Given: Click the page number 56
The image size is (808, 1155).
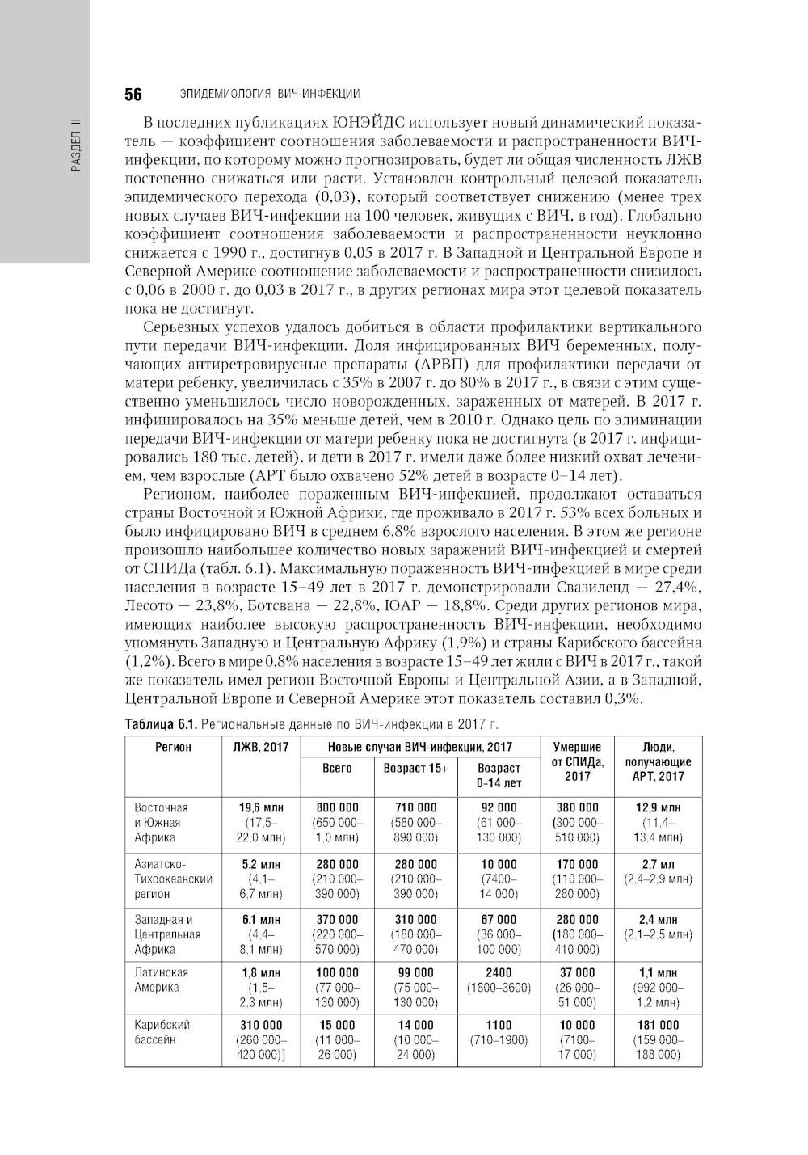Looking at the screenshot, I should [x=133, y=95].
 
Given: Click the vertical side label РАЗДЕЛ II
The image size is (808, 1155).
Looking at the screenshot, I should [x=76, y=146].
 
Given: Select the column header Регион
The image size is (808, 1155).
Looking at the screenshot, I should [x=173, y=747].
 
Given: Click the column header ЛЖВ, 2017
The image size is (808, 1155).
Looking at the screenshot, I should [x=260, y=747].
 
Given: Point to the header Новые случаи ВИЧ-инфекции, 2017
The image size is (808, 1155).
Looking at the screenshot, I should [x=420, y=747].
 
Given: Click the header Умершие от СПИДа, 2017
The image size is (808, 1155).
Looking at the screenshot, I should [x=577, y=761].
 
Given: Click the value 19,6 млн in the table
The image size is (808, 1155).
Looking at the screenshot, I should [x=260, y=807].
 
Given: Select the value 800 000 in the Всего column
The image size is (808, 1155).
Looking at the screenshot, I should [x=337, y=807].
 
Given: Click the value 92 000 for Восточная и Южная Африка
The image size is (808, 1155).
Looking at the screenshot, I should [x=499, y=807].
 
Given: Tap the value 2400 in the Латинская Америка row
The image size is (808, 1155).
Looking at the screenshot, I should [x=499, y=972].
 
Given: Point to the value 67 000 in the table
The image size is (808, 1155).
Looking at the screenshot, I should [x=499, y=919].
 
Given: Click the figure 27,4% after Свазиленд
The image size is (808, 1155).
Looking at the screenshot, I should [x=678, y=587].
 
